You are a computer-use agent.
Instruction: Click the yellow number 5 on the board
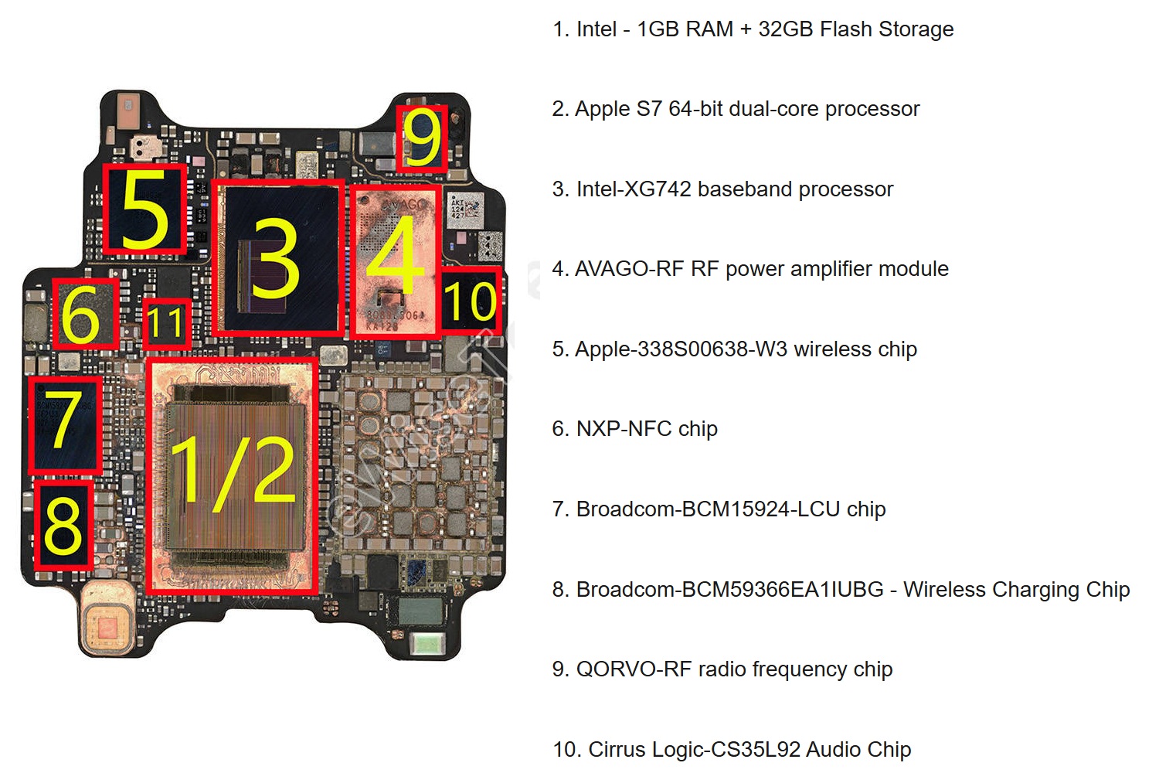145,209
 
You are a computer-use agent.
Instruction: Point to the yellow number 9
423,138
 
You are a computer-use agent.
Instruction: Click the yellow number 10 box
471,300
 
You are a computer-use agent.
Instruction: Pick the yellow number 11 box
166,322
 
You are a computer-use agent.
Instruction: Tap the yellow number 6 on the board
81,314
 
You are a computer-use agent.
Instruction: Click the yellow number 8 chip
63,525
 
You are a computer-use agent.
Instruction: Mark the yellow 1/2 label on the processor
232,472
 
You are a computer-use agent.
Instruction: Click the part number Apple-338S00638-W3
681,349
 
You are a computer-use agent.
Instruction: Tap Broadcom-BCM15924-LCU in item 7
708,509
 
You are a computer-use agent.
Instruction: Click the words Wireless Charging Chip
1016,590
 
